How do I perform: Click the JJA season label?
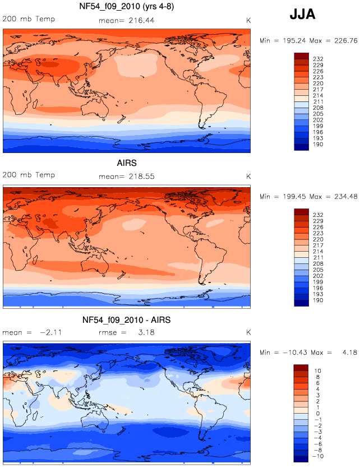[302, 15]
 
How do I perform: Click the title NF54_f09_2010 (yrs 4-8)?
[127, 6]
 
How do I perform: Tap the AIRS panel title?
[127, 163]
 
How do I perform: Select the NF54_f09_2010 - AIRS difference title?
[127, 320]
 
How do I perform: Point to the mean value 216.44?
[141, 21]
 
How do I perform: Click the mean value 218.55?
[142, 177]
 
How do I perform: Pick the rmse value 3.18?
[146, 332]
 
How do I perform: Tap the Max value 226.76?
[345, 40]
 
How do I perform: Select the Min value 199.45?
[294, 196]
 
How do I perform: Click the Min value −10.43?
[295, 353]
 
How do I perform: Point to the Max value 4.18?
[349, 353]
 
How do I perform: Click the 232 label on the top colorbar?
[318, 59]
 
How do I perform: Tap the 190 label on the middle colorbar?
[318, 300]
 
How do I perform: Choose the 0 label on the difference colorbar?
[317, 414]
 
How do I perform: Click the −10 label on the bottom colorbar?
[317, 456]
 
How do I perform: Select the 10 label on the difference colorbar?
[317, 371]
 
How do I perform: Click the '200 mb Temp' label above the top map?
[29, 19]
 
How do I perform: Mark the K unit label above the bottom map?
[248, 332]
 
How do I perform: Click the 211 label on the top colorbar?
[318, 102]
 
